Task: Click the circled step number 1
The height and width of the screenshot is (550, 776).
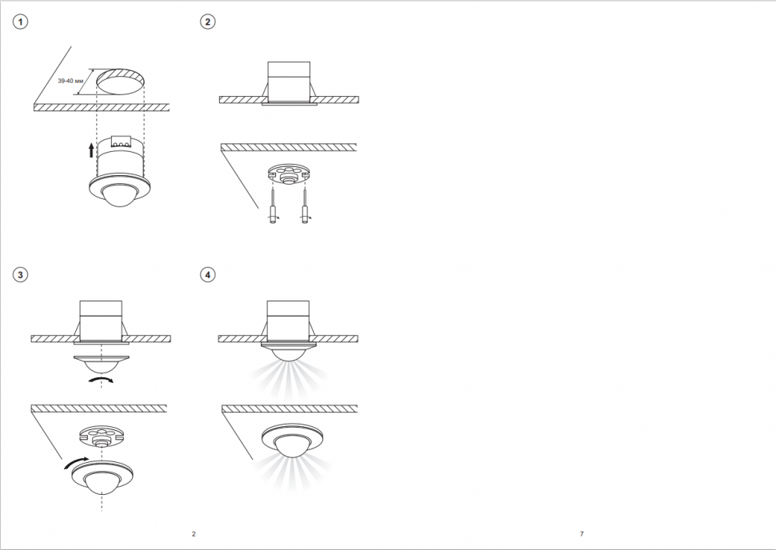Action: click(x=20, y=22)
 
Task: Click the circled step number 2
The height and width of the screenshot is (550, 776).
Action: click(x=207, y=22)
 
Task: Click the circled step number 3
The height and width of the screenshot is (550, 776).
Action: click(x=20, y=274)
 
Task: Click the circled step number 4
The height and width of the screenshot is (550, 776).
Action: click(x=207, y=274)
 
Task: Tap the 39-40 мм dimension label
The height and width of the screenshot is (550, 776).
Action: click(x=67, y=81)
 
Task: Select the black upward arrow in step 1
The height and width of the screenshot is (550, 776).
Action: click(x=91, y=150)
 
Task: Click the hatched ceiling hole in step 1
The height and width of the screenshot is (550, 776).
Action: click(x=120, y=82)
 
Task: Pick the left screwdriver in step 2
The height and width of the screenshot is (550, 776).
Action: click(x=273, y=206)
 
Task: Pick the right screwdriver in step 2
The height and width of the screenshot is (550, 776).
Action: click(x=305, y=206)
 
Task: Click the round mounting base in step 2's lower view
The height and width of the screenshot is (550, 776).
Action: click(x=288, y=174)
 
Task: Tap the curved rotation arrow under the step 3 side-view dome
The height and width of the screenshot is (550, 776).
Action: click(x=100, y=380)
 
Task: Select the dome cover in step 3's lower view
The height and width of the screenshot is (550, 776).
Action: click(x=102, y=478)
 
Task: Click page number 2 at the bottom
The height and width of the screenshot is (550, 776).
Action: click(x=194, y=534)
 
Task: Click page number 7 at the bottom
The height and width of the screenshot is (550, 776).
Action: click(x=582, y=534)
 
